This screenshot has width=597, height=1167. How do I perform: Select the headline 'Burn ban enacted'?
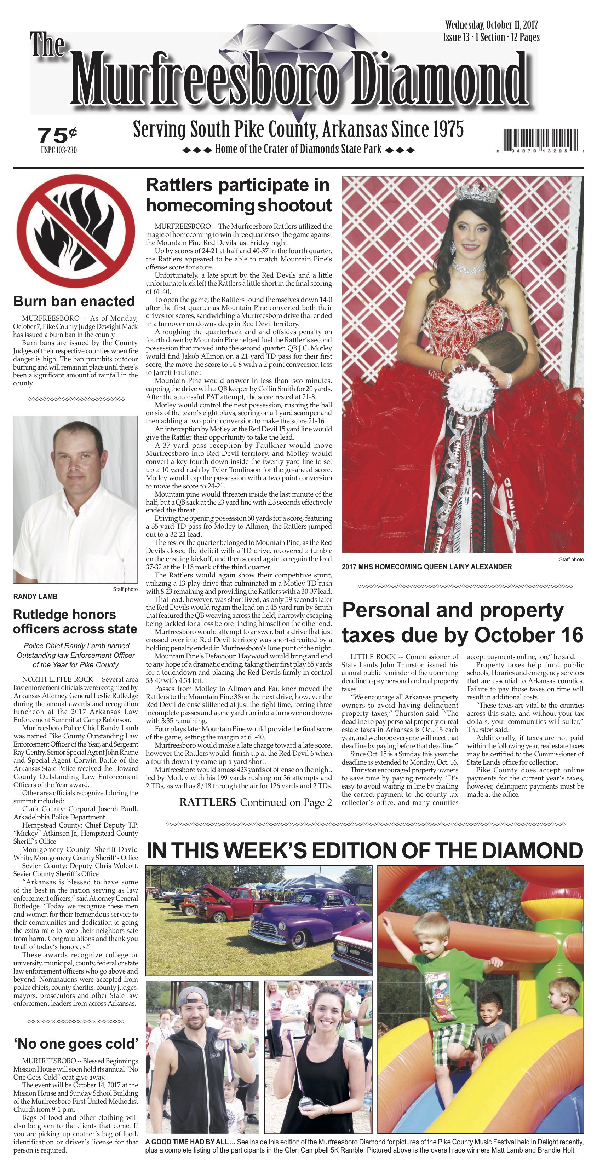74,301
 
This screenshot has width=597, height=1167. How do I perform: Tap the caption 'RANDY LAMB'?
35,597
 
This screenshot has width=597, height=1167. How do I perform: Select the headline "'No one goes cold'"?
76,1044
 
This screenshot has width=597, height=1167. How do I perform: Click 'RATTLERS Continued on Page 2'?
255,803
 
